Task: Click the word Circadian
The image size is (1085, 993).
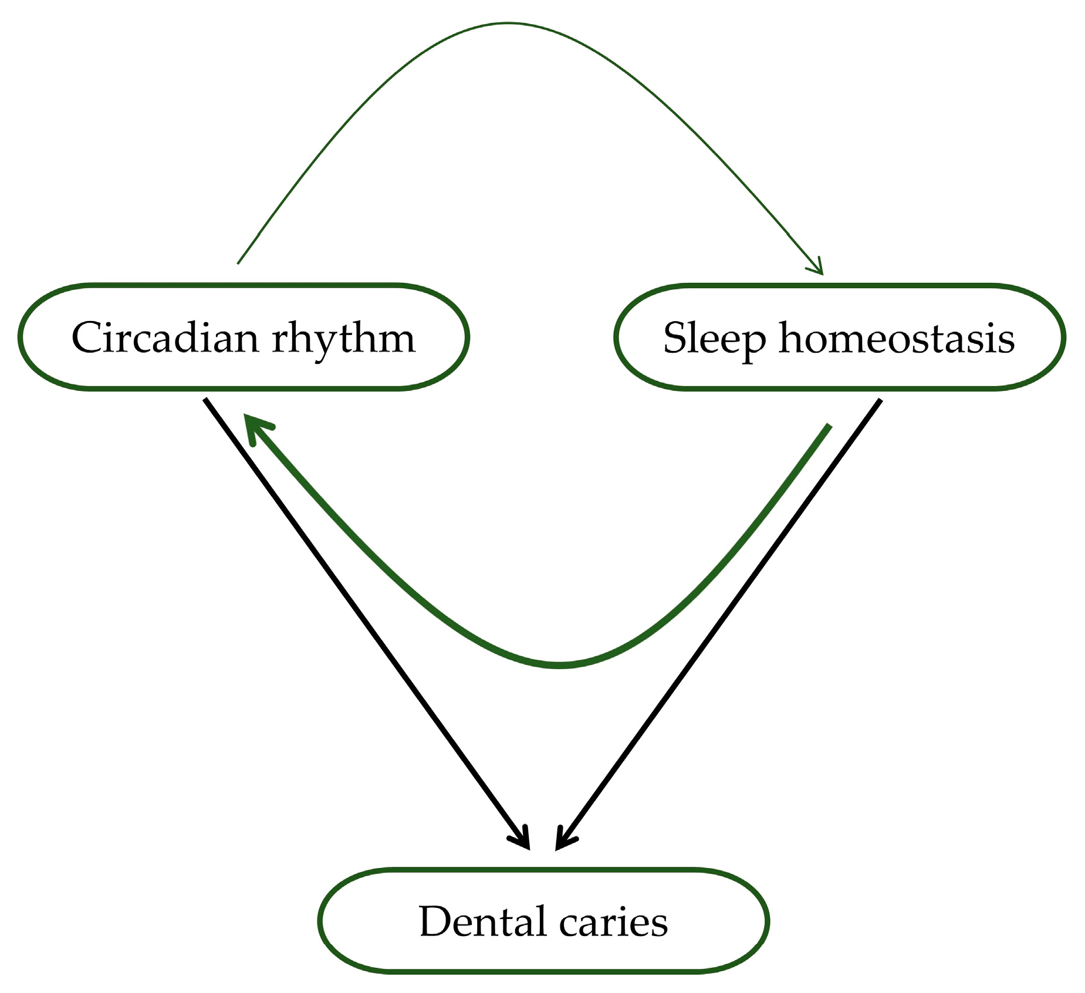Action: tap(165, 338)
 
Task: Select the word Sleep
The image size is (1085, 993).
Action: tap(714, 339)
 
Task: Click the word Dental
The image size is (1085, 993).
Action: tap(481, 921)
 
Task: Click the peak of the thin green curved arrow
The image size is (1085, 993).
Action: tap(508, 23)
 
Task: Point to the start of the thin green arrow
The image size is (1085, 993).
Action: tap(238, 264)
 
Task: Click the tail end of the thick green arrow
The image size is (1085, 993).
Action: tap(830, 425)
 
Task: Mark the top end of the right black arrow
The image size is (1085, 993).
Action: tap(880, 400)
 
